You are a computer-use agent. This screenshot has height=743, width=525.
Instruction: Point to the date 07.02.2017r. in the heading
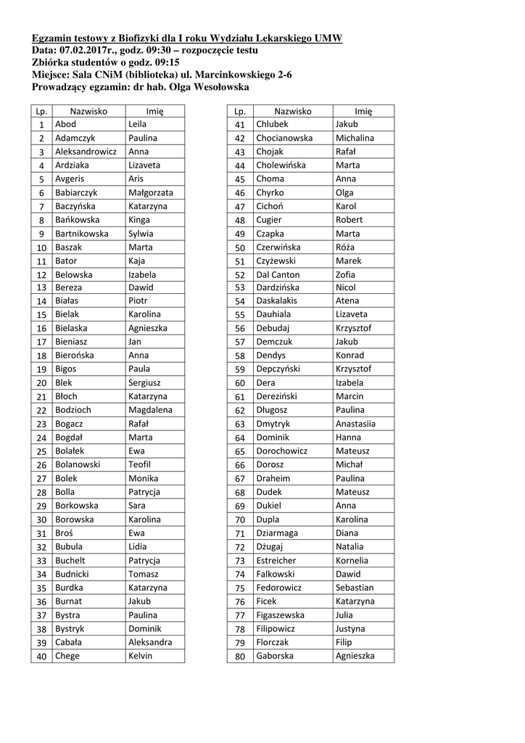(x=87, y=51)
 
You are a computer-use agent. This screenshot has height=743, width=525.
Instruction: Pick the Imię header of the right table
(x=363, y=111)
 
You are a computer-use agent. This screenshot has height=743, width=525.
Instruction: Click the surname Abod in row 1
(x=65, y=125)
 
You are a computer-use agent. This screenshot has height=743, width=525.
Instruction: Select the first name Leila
(x=138, y=125)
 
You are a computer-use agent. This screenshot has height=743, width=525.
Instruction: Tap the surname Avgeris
(x=70, y=179)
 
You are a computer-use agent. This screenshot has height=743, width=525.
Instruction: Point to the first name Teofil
(x=139, y=465)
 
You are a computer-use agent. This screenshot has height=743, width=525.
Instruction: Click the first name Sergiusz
(x=144, y=383)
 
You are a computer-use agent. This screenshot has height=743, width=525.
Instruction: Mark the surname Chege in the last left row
(x=67, y=657)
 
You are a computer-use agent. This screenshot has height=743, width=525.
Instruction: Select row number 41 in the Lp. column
(x=240, y=125)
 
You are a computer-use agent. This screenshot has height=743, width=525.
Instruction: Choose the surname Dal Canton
(x=278, y=275)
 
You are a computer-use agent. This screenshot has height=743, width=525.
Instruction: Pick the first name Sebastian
(x=355, y=588)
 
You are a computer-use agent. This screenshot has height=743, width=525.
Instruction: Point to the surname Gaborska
(x=275, y=657)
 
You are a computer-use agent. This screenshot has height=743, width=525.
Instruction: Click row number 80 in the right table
(x=240, y=657)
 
